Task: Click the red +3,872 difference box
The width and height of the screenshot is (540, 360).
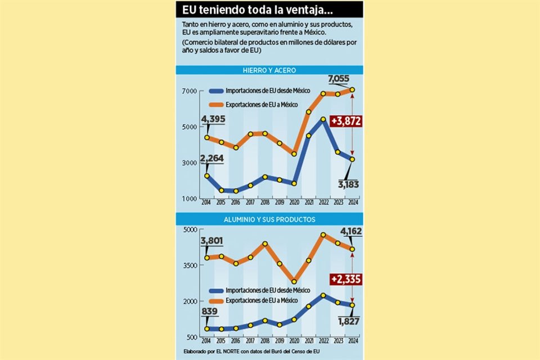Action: coord(346,120)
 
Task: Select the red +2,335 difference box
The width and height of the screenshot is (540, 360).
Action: coord(346,279)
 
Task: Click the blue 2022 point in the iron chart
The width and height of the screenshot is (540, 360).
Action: coord(323,119)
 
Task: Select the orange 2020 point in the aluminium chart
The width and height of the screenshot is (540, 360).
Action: coord(294,281)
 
